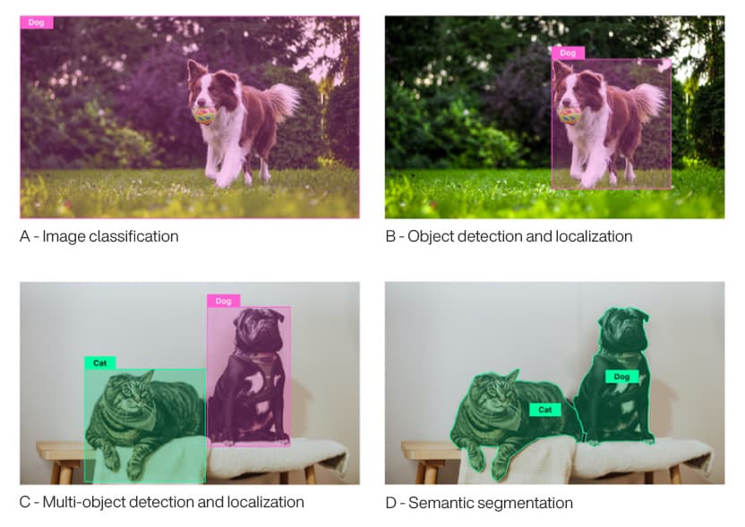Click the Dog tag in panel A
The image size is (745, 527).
click(37, 22)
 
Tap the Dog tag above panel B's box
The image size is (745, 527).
click(568, 53)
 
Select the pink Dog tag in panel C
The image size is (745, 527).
click(223, 301)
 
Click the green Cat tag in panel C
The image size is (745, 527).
click(100, 363)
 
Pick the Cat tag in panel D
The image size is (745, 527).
click(544, 410)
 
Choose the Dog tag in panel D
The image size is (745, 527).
click(621, 377)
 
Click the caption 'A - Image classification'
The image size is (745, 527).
click(99, 237)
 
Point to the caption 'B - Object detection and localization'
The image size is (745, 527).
click(509, 237)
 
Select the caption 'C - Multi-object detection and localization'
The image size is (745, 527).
click(162, 502)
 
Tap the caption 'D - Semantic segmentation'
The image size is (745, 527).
click(479, 503)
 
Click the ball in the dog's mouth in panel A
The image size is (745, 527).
click(205, 115)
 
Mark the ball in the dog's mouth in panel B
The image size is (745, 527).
click(569, 115)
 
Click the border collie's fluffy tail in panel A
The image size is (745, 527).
click(282, 100)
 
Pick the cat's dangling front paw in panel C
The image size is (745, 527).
click(111, 462)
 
